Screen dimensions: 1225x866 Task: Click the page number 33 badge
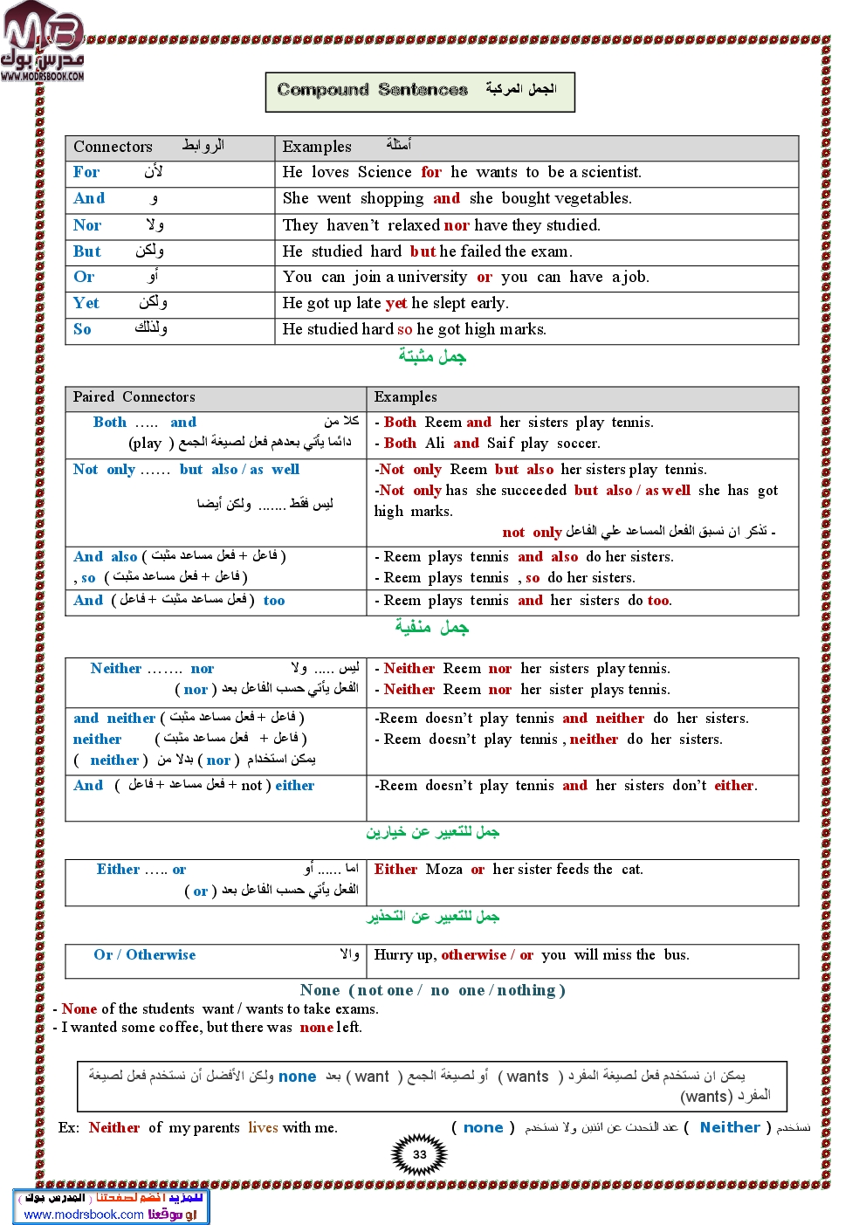(x=420, y=1154)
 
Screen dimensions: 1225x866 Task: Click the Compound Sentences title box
(x=420, y=91)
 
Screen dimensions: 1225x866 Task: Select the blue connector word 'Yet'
(x=86, y=303)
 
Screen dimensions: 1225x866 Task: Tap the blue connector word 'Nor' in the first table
(x=87, y=225)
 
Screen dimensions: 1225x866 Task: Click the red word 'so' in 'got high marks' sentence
(x=404, y=329)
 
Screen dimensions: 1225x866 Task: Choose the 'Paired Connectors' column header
(x=134, y=397)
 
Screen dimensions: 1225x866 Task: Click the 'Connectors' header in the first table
(x=113, y=147)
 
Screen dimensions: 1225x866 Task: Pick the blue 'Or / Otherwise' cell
(x=145, y=954)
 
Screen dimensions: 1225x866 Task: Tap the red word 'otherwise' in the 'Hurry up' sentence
(x=473, y=954)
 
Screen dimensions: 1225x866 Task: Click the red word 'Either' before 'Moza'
(x=395, y=869)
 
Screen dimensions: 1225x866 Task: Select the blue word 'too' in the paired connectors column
(x=274, y=601)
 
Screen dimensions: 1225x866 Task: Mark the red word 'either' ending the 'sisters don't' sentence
(x=734, y=785)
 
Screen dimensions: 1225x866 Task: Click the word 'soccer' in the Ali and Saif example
(x=577, y=444)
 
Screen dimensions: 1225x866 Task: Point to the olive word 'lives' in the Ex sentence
(x=263, y=1127)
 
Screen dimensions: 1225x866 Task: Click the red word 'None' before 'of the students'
(x=79, y=1008)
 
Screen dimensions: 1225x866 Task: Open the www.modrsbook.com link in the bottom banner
(x=84, y=1214)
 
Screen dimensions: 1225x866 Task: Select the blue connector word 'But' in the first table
(x=87, y=251)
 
